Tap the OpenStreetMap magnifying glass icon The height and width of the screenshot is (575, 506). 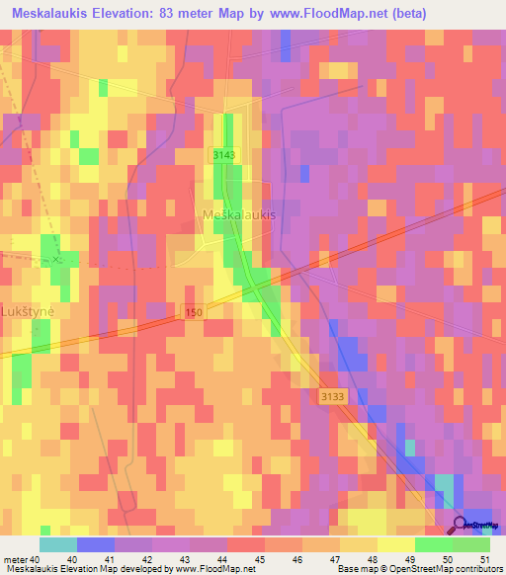click(461, 527)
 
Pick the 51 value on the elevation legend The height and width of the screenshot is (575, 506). click(484, 560)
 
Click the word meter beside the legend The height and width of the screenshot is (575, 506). click(16, 560)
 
